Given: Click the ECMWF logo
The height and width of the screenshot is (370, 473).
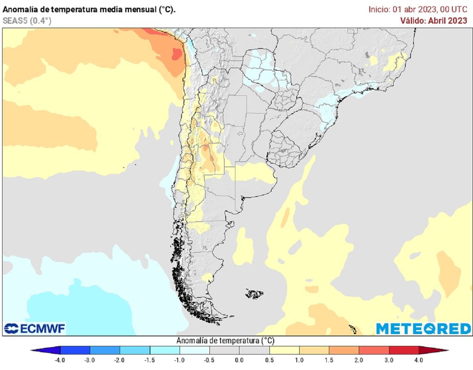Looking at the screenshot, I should (x=35, y=329).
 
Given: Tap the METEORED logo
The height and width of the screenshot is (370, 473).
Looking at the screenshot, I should (x=423, y=329).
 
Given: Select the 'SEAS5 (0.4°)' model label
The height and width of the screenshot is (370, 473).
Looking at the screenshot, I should (x=27, y=20).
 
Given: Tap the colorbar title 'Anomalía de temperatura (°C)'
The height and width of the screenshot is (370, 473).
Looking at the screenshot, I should (x=225, y=341).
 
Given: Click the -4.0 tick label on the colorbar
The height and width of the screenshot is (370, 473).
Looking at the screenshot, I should (x=60, y=360).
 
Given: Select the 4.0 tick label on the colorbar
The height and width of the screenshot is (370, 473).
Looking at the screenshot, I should (x=418, y=360).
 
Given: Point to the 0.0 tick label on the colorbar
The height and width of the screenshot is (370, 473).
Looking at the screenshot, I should (x=239, y=360).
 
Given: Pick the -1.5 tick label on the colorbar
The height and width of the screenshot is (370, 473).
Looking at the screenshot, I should (x=149, y=360).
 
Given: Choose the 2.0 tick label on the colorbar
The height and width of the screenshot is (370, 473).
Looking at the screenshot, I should (x=358, y=360).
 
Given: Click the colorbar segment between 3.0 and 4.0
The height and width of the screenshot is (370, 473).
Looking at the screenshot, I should (x=404, y=350).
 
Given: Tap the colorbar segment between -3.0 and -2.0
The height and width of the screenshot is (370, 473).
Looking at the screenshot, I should (x=104, y=350).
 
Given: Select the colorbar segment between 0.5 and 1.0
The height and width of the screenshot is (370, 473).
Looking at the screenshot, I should (x=284, y=350).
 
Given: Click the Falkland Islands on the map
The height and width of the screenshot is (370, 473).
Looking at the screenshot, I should (x=254, y=293).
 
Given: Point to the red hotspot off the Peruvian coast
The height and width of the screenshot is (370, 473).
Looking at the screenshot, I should (x=177, y=54).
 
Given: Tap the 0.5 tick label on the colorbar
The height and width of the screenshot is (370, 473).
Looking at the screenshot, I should (x=269, y=360).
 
